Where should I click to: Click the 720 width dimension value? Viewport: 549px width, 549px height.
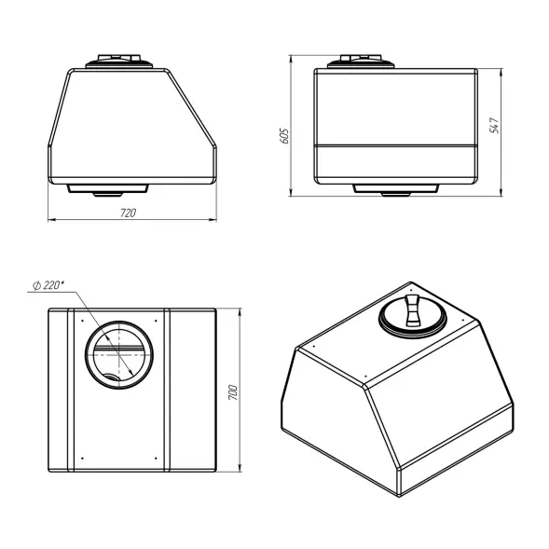point(128,213)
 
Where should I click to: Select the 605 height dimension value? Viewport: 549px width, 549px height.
point(284,136)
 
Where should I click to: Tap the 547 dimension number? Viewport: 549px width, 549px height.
point(494,125)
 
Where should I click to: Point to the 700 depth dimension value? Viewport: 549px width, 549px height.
point(233,392)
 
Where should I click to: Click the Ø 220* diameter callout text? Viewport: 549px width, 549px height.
point(48,285)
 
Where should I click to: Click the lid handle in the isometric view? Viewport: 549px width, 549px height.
point(412,310)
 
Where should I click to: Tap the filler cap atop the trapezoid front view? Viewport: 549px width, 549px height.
point(119,62)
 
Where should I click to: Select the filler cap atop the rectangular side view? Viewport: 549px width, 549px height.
point(361,62)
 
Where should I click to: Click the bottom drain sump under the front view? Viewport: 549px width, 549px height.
point(107,189)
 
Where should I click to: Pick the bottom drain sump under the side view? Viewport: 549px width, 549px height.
point(395,189)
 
